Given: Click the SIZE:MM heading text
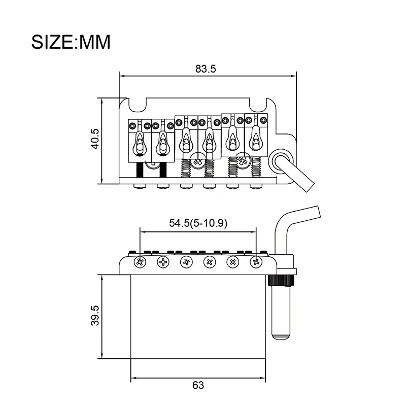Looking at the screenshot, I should click(71, 41).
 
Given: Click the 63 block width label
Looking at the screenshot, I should click(198, 385).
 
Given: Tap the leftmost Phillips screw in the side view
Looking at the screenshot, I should click(139, 262).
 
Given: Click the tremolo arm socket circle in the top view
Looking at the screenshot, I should click(280, 161).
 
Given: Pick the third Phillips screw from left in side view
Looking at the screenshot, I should click(186, 262).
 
